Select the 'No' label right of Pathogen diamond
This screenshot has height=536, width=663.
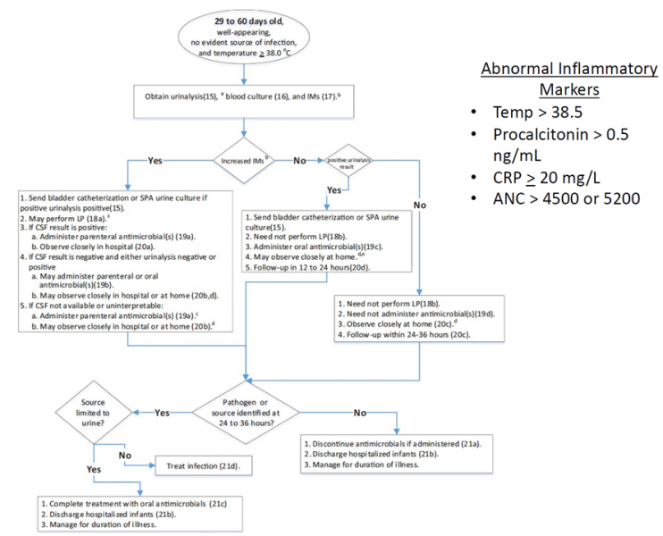357,412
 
